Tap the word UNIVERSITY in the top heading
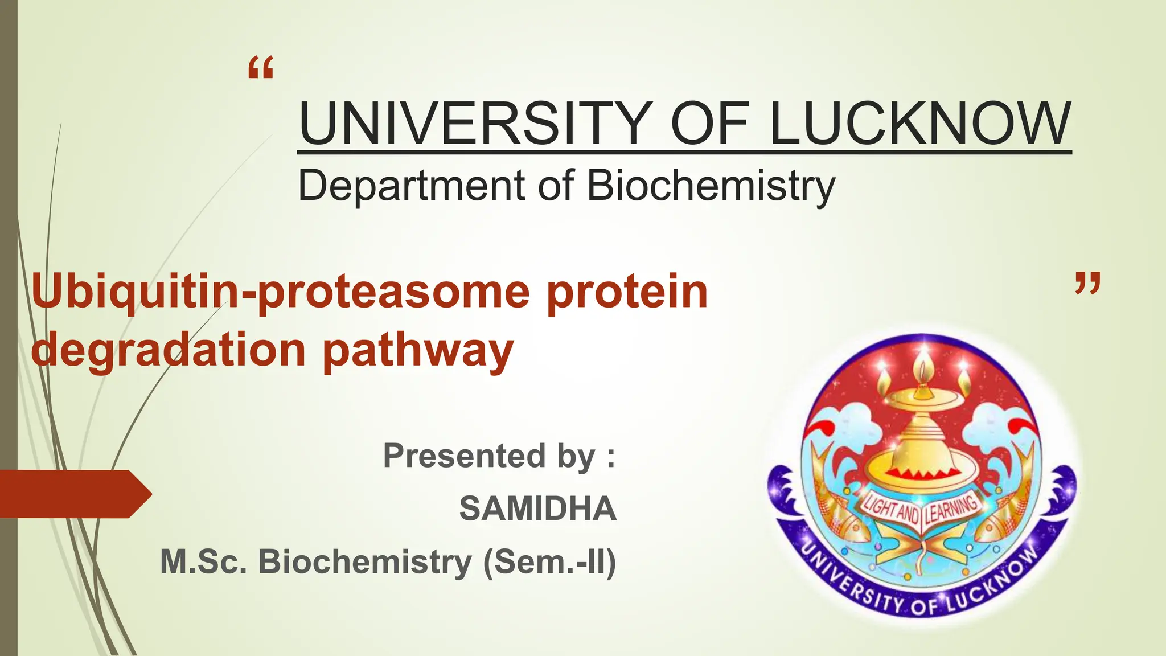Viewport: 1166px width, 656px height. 473,123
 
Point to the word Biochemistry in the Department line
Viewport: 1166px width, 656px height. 711,185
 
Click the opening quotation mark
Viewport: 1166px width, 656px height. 261,68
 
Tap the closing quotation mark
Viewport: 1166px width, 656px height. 1087,284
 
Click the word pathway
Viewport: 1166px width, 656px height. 418,352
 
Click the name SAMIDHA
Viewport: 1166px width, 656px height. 537,509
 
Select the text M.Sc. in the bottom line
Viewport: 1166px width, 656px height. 204,561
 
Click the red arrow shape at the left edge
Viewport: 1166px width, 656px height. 74,494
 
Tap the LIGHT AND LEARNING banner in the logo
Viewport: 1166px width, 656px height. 921,509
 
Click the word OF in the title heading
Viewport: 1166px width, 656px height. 712,123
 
